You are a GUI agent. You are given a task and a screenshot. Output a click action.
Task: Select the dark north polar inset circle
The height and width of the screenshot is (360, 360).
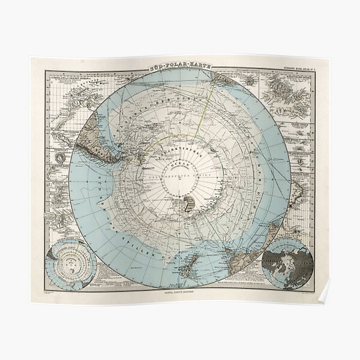[287, 262]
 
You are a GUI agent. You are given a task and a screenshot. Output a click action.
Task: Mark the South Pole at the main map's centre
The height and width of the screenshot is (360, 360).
[180, 174]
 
